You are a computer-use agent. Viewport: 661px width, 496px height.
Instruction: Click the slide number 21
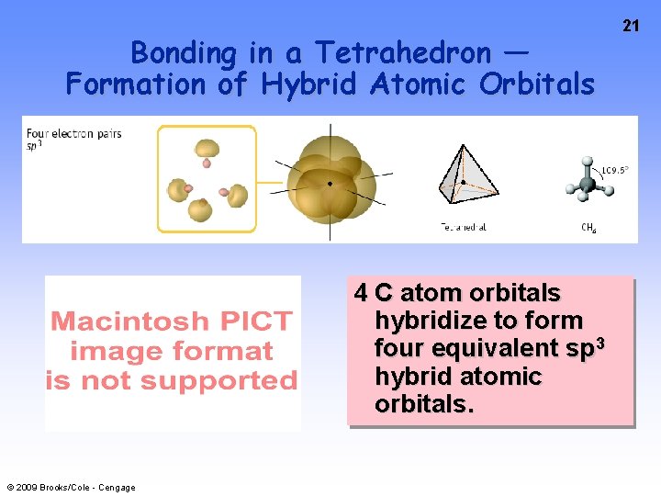click(631, 26)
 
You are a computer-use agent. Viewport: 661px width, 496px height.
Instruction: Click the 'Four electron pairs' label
click(73, 134)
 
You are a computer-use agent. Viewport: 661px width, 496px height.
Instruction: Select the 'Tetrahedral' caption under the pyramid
click(464, 227)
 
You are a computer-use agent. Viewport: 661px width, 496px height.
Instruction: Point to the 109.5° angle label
click(614, 170)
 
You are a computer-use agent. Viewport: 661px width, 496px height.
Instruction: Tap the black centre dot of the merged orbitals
click(330, 184)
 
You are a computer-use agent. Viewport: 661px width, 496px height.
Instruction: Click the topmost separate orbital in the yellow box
click(207, 148)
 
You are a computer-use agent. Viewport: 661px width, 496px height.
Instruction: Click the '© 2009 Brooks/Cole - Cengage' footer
click(71, 488)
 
